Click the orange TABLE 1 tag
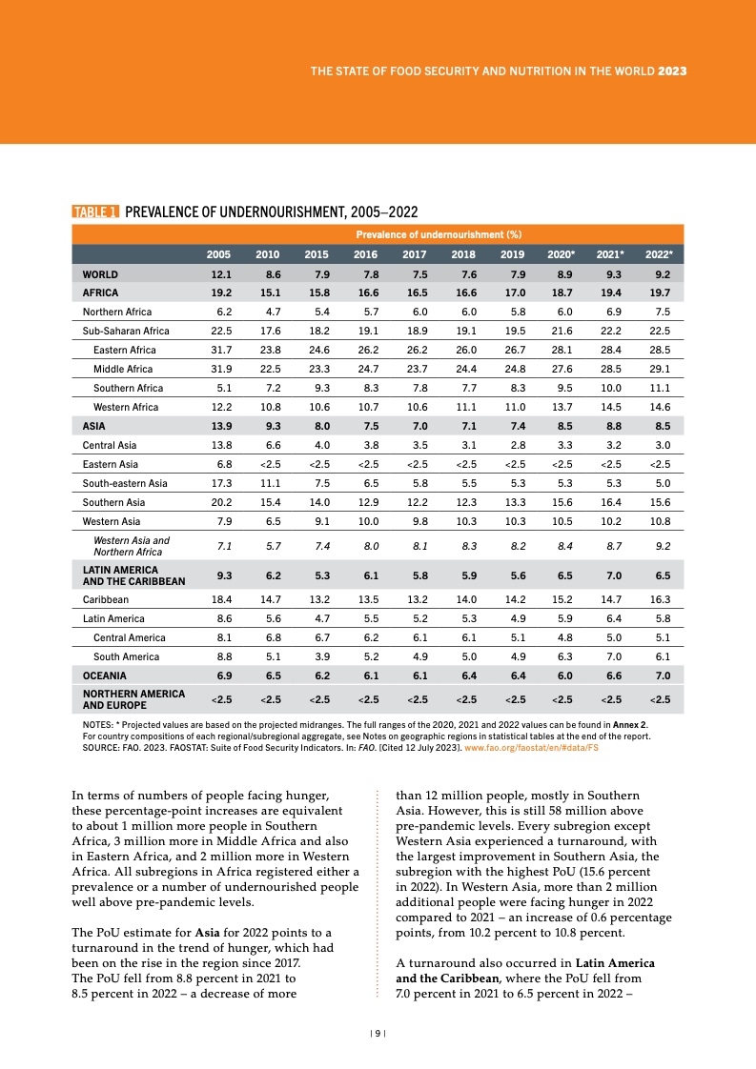coord(95,212)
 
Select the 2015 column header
coord(316,254)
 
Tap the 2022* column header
coord(658,254)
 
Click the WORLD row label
coord(100,274)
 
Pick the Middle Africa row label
coord(123,370)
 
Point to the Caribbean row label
coord(106,600)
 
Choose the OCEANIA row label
coord(105,676)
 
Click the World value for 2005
coord(220,274)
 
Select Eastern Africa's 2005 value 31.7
coord(220,351)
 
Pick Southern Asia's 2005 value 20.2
coord(220,502)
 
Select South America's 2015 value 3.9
coord(317,656)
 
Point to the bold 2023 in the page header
coord(673,71)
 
